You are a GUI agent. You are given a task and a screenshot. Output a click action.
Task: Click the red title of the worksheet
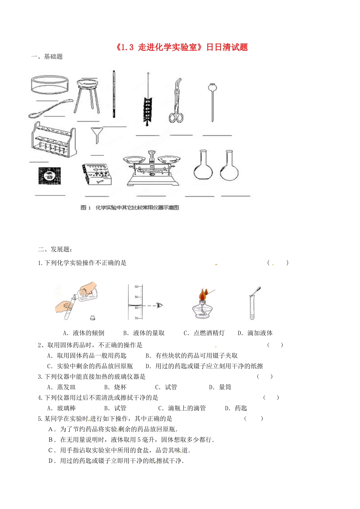[181, 47]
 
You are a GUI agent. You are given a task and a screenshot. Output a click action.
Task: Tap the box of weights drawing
[97, 174]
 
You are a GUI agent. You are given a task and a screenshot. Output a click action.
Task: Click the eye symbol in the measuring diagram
[160, 305]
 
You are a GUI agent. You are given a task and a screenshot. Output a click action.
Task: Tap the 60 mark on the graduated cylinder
[136, 287]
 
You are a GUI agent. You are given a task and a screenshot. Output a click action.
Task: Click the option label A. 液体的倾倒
[84, 333]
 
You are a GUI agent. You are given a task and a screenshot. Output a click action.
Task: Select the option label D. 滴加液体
[255, 333]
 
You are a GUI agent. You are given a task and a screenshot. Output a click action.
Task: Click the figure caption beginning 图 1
[130, 208]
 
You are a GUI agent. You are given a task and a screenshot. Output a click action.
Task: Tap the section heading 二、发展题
[55, 249]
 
